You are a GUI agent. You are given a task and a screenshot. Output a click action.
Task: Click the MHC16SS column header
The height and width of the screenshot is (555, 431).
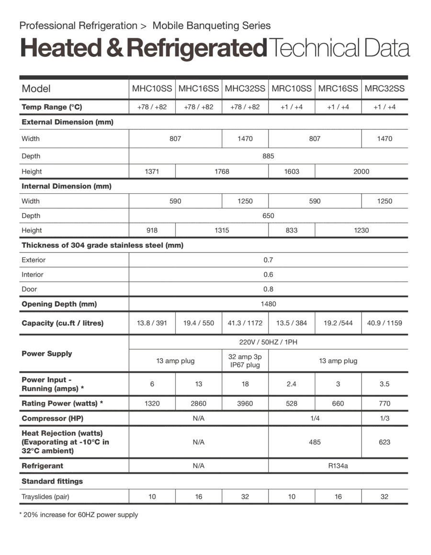tap(199, 89)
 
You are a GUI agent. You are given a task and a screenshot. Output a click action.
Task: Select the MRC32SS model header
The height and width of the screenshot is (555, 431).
tap(385, 89)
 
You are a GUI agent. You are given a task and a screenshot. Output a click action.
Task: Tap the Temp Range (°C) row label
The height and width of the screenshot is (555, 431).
tap(52, 107)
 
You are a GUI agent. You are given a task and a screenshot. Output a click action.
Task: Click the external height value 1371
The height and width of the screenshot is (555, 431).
tap(152, 171)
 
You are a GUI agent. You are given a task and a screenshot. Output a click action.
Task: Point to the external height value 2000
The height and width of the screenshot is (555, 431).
tap(361, 171)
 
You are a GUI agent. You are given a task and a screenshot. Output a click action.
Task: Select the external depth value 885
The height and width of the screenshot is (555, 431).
tap(268, 156)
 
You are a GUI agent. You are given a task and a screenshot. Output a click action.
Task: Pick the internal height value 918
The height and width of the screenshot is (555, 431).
tap(152, 230)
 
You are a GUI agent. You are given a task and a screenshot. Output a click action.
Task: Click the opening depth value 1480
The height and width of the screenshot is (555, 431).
tap(268, 304)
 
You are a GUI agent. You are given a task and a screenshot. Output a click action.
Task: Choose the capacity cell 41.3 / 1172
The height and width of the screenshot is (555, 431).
tap(245, 323)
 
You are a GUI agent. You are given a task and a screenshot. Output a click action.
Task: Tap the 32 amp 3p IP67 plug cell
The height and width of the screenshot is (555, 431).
tap(245, 361)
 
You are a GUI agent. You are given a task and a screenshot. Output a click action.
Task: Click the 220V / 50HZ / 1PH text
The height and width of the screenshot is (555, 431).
tap(268, 342)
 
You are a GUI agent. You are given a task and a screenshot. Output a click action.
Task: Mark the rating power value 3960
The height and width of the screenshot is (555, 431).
tap(245, 403)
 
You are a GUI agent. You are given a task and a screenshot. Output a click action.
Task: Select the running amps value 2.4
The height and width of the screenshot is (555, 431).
tap(291, 384)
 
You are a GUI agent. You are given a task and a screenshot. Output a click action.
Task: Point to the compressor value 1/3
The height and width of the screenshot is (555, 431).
tap(385, 418)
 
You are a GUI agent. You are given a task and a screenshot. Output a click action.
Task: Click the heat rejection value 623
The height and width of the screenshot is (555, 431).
tap(385, 442)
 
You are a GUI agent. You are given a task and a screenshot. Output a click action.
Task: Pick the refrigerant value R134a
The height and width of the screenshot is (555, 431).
tap(338, 466)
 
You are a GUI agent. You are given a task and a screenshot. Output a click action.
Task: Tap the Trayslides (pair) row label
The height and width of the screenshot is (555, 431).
tap(45, 497)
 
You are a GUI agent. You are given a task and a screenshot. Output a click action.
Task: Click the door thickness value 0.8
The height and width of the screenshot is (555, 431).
tap(268, 289)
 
